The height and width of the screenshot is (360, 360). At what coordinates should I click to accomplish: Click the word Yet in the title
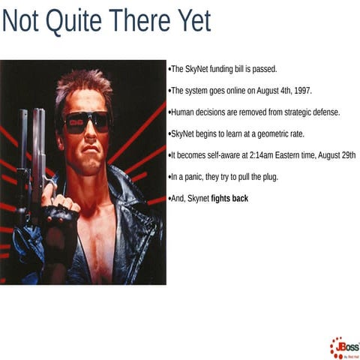pos(191,22)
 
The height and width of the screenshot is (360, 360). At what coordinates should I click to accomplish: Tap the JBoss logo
pos(343,348)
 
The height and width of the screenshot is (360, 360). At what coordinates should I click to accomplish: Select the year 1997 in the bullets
pos(300,91)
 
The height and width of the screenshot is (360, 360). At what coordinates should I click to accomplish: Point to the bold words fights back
pos(229,199)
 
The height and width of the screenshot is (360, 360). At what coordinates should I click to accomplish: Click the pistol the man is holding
pos(34,150)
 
